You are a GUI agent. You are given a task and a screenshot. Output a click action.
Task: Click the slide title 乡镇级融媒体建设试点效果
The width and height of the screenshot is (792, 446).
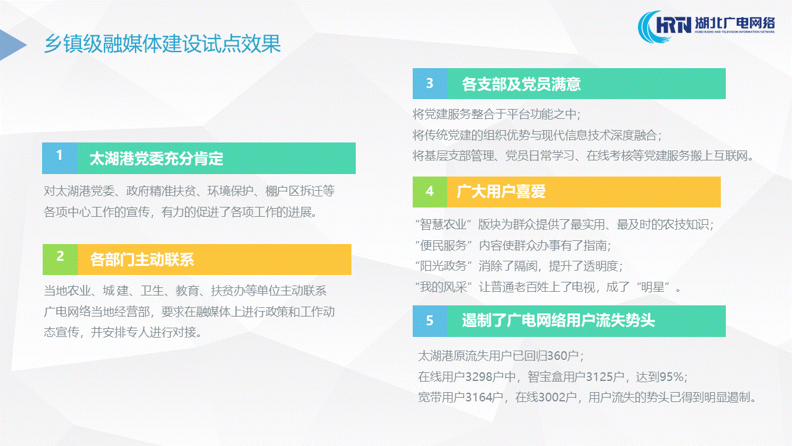pyautogui.click(x=162, y=44)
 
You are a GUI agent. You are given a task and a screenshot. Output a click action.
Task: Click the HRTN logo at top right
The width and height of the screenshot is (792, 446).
pyautogui.click(x=706, y=26)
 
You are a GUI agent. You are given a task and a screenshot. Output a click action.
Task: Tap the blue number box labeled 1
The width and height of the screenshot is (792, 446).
pyautogui.click(x=59, y=158)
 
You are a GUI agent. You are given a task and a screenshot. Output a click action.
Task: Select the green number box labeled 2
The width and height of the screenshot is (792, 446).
pyautogui.click(x=60, y=260)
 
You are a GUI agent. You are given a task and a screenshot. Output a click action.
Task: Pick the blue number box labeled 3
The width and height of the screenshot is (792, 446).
pyautogui.click(x=430, y=84)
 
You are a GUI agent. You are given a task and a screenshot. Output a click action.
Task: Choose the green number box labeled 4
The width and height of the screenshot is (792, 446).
pyautogui.click(x=430, y=192)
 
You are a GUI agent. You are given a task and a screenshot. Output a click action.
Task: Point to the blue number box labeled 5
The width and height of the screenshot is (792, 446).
pyautogui.click(x=430, y=321)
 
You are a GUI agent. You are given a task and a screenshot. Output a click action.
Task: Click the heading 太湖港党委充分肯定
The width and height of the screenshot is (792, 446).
pyautogui.click(x=157, y=159)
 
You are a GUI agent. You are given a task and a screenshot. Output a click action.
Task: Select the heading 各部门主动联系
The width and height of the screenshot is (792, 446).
pyautogui.click(x=142, y=260)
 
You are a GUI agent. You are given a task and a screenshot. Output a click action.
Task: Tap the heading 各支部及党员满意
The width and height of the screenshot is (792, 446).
pyautogui.click(x=521, y=84)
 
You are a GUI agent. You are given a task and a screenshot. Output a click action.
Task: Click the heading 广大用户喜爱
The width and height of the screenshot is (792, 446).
pyautogui.click(x=501, y=191)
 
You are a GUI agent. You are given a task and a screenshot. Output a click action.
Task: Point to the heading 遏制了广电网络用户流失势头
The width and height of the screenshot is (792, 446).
pyautogui.click(x=558, y=321)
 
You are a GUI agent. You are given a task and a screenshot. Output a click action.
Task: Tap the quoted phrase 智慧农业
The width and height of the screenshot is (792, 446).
pyautogui.click(x=444, y=224)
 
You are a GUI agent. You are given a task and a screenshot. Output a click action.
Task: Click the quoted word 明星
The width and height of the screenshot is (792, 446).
pyautogui.click(x=653, y=287)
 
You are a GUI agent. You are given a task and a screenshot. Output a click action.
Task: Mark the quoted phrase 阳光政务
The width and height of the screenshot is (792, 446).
pyautogui.click(x=444, y=266)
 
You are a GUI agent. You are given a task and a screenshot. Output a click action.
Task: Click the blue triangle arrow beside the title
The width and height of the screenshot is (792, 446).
pyautogui.click(x=12, y=45)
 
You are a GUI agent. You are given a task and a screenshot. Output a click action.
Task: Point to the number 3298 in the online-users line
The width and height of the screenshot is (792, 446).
pyautogui.click(x=479, y=377)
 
